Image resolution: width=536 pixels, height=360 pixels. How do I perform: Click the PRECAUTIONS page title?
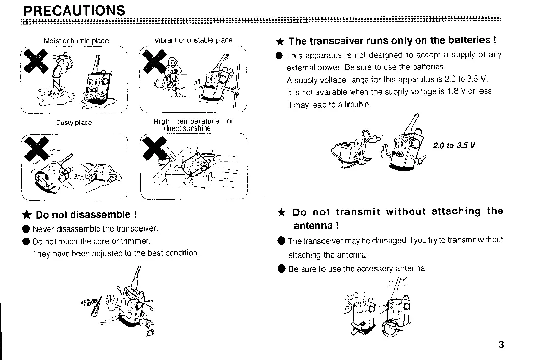point(74,10)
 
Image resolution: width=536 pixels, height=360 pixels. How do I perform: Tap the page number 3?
point(501,344)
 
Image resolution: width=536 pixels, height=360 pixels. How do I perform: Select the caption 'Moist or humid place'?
point(76,41)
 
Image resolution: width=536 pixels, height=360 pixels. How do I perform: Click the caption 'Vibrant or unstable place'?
point(193,40)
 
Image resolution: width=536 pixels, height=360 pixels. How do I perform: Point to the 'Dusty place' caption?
point(74,122)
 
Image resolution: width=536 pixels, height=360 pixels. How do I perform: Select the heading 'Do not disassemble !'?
point(86,215)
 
